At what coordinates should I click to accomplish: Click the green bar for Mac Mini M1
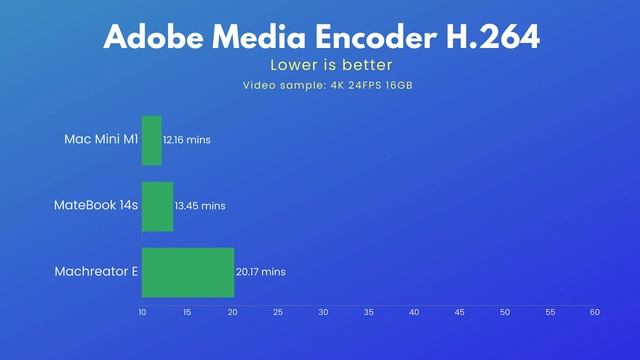coord(151,140)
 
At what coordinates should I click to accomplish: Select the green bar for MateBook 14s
coord(157,206)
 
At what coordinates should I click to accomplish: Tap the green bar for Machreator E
coord(188,272)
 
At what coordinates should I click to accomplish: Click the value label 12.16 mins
coord(187,140)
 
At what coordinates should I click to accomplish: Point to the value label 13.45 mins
coord(200,206)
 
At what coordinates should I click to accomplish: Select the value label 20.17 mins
coord(261,272)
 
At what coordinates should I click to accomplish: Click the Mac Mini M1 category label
coord(102,140)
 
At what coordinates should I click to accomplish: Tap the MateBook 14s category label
coord(96,206)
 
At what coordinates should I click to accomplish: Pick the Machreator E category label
coord(96,272)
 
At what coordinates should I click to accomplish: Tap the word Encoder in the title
coord(365,37)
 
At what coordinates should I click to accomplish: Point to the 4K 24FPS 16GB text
coord(369,85)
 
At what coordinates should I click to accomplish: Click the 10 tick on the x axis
coord(142,313)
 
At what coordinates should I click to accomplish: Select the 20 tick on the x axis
coord(232,313)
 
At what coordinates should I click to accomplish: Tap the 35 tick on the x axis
coord(368,313)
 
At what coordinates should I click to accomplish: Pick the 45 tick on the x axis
coord(459,313)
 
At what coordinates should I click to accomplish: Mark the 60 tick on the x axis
coord(594,313)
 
